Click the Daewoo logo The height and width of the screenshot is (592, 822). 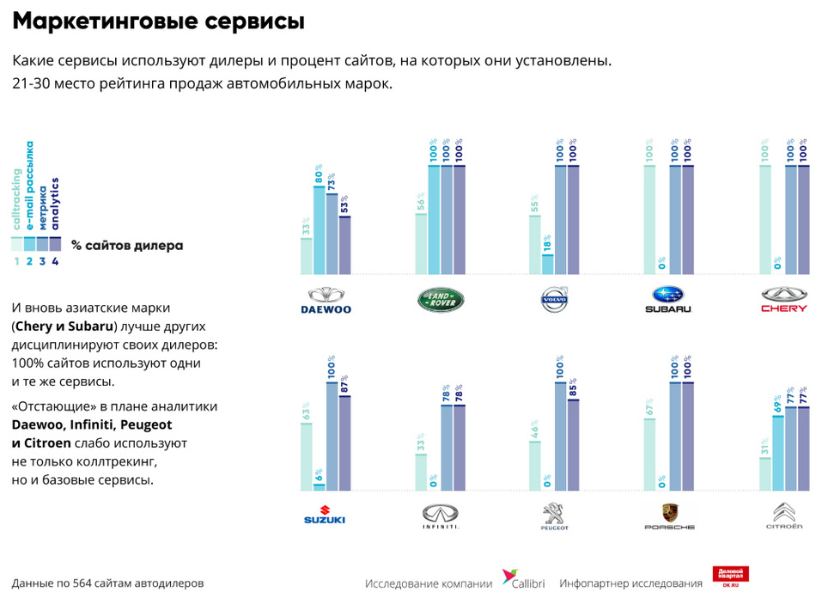click(326, 299)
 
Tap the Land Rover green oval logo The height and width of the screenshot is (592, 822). click(441, 299)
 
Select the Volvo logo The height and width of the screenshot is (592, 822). click(555, 299)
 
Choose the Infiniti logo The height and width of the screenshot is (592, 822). click(441, 516)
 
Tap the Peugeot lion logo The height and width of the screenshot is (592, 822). click(554, 516)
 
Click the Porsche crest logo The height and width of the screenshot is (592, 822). click(669, 516)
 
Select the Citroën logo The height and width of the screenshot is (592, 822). click(784, 515)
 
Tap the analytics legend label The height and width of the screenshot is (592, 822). click(56, 205)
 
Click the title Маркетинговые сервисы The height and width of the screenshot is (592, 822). click(159, 21)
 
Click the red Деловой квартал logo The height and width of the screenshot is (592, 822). click(731, 577)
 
